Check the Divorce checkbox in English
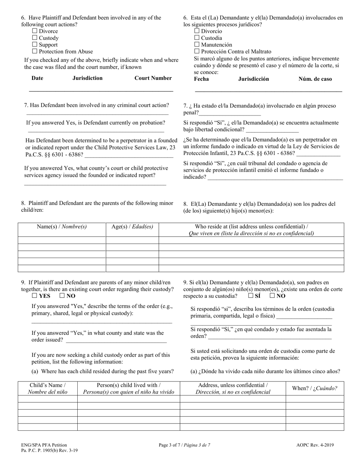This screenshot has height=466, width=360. click(x=35, y=31)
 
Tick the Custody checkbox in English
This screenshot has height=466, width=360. click(x=35, y=38)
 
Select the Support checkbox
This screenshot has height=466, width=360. click(x=35, y=45)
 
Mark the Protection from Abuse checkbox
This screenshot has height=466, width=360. click(x=35, y=52)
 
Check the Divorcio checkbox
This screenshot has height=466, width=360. click(x=197, y=31)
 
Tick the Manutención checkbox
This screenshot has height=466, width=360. click(x=197, y=45)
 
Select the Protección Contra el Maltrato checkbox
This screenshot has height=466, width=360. click(x=197, y=52)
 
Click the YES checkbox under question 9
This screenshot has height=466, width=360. click(x=35, y=296)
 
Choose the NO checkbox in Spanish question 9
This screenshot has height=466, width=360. click(x=272, y=296)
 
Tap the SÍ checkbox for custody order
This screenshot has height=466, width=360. click(x=251, y=296)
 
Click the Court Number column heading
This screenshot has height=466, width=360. click(x=153, y=78)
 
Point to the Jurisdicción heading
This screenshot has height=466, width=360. click(x=253, y=79)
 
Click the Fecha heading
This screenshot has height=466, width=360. click(x=201, y=79)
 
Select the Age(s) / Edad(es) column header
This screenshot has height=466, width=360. click(x=132, y=227)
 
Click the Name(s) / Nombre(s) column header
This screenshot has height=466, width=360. click(x=62, y=227)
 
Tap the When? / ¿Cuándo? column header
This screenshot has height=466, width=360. click(x=315, y=388)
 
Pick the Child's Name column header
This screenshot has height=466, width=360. click(x=47, y=388)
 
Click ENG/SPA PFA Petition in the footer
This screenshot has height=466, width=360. click(x=44, y=445)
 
